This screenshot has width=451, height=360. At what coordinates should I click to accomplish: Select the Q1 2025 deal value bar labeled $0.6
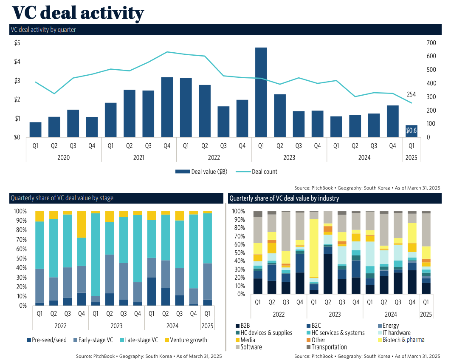(411, 131)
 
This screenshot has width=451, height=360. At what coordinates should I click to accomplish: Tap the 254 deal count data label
(411, 94)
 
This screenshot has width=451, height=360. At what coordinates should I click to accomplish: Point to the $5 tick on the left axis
(17, 43)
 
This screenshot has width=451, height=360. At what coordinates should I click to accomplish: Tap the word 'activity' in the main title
(111, 13)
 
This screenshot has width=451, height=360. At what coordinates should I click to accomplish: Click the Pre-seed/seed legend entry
(48, 340)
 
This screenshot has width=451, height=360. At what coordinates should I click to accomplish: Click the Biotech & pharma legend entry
(403, 340)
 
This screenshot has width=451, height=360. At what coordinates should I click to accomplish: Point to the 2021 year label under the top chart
(138, 157)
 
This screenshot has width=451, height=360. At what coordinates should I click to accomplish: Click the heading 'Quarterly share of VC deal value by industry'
(284, 198)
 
